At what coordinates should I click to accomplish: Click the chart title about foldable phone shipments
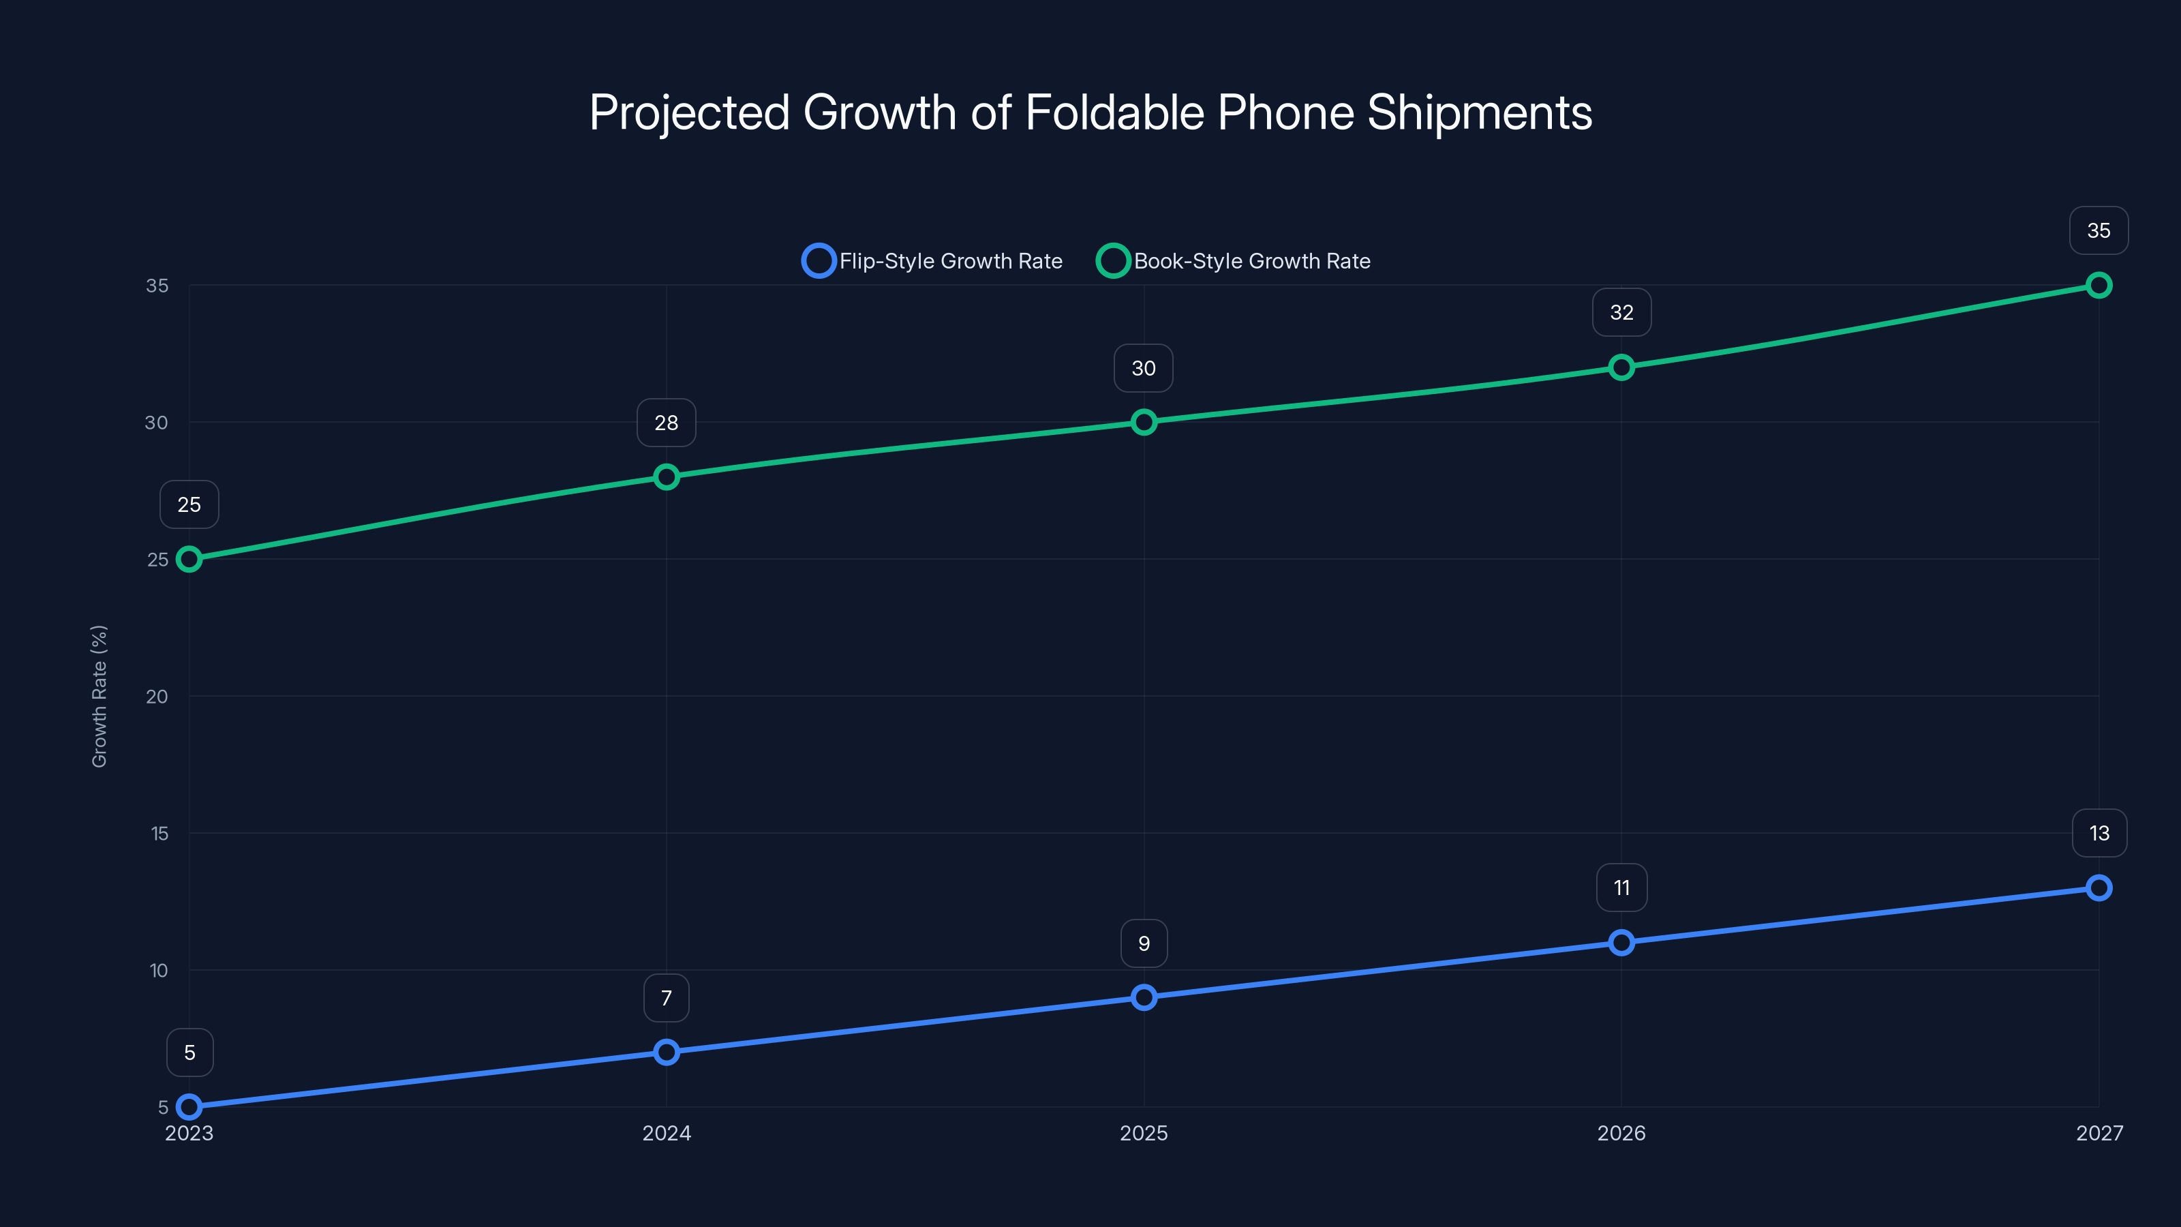(1090, 112)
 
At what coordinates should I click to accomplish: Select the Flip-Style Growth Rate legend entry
(933, 261)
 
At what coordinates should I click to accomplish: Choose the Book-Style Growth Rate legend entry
(1234, 261)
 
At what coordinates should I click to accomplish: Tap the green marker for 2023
(189, 559)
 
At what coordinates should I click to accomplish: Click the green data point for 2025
(1144, 422)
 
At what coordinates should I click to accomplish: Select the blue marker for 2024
(667, 1052)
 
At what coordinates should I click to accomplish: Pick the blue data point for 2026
(1621, 943)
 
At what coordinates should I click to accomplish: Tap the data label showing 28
(667, 423)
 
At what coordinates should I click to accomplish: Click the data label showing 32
(1621, 312)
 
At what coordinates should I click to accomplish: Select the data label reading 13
(2099, 833)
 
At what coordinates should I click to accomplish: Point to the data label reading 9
(1144, 943)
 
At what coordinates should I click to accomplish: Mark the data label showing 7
(667, 999)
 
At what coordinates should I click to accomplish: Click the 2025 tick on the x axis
(1144, 1133)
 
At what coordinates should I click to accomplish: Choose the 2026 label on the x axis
(1621, 1133)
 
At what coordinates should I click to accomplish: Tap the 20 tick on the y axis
(157, 696)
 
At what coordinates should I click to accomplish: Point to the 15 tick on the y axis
(159, 833)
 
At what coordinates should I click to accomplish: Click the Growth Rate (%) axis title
(99, 696)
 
